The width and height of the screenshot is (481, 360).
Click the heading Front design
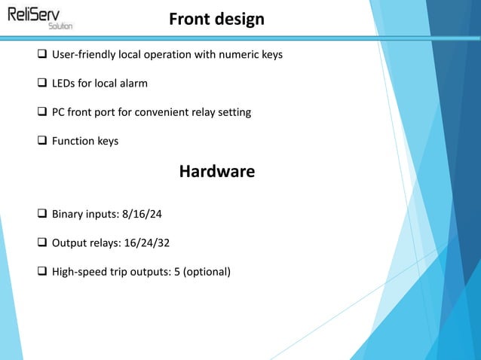216,19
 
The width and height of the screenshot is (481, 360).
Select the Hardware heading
216,172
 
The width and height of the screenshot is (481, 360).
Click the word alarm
133,84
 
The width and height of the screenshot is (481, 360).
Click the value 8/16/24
142,215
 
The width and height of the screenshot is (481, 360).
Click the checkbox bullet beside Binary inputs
42,215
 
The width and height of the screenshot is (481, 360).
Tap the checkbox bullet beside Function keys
42,141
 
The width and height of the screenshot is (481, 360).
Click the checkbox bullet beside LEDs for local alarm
42,84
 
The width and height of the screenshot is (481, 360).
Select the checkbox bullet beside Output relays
42,243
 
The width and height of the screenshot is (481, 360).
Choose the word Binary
69,215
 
